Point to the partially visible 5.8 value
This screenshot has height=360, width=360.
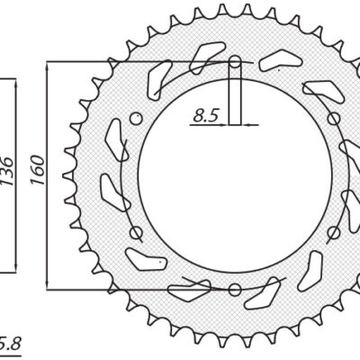[x=7, y=343]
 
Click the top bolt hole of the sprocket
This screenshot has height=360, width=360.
[x=234, y=62]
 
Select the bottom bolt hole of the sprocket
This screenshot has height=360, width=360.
[x=234, y=289]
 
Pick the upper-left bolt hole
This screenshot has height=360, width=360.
[x=136, y=118]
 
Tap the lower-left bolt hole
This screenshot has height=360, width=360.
[x=136, y=232]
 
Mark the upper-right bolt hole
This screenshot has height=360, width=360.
[x=332, y=118]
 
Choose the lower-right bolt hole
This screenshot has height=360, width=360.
[x=332, y=232]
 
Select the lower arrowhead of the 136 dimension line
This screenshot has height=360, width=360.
[x=15, y=267]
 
